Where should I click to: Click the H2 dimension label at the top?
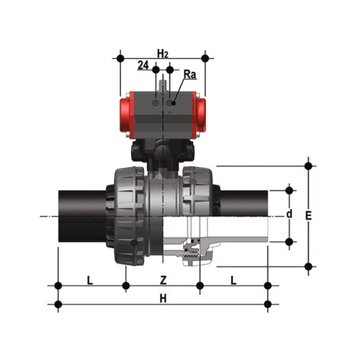[x=162, y=52]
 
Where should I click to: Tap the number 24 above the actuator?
[x=142, y=67]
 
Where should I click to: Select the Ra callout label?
[x=190, y=74]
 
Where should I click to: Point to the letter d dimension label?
[x=289, y=214]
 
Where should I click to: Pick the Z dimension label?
[x=162, y=280]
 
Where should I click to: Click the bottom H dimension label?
[x=162, y=299]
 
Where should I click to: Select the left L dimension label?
[x=90, y=280]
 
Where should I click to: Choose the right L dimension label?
[x=233, y=280]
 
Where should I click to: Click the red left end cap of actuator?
[x=126, y=117]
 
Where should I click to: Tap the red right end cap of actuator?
[x=201, y=117]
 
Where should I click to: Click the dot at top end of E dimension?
[x=309, y=165]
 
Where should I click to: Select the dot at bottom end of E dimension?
[x=309, y=267]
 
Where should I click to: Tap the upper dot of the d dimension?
[x=289, y=188]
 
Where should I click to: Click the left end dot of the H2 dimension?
[x=120, y=57]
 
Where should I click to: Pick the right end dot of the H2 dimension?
[x=205, y=57]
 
